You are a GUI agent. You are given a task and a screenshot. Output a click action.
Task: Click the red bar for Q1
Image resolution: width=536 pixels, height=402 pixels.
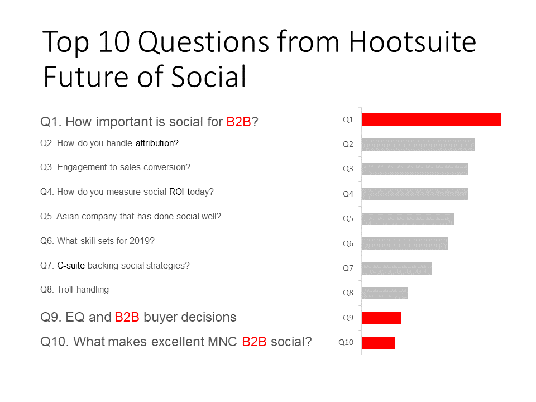click(432, 119)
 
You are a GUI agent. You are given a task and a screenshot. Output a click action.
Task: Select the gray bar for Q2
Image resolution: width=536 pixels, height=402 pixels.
click(418, 145)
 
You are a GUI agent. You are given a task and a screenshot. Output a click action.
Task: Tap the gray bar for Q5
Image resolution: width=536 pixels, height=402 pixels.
click(408, 219)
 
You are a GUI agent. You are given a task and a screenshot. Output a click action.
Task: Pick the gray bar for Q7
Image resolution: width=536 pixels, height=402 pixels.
click(396, 269)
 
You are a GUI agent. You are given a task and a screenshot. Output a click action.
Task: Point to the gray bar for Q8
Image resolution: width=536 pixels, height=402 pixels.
click(385, 293)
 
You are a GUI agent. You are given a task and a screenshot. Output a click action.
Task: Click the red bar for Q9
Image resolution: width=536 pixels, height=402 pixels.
click(381, 318)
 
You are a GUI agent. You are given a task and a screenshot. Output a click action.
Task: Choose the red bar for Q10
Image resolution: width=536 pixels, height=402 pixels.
click(378, 342)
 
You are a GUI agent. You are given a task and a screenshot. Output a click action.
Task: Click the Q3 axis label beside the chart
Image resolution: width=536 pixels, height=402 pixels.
click(348, 169)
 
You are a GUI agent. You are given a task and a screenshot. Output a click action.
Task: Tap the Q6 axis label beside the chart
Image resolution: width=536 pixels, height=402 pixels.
click(348, 243)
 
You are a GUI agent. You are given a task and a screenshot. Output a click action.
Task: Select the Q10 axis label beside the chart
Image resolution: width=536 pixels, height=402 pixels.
click(346, 342)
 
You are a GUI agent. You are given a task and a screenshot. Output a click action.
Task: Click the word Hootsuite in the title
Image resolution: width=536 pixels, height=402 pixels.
click(412, 42)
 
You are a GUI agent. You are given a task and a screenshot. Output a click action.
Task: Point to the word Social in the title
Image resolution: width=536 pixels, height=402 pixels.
click(208, 76)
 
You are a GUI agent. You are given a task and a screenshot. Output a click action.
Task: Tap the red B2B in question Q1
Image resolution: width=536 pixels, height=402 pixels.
click(238, 122)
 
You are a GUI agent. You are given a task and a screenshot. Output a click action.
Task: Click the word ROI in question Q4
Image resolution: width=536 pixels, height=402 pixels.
click(177, 192)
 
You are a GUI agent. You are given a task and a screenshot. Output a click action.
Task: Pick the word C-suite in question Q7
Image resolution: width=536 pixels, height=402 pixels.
click(71, 266)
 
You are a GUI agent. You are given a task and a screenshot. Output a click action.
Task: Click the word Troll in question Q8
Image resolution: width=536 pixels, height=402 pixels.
click(65, 290)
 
